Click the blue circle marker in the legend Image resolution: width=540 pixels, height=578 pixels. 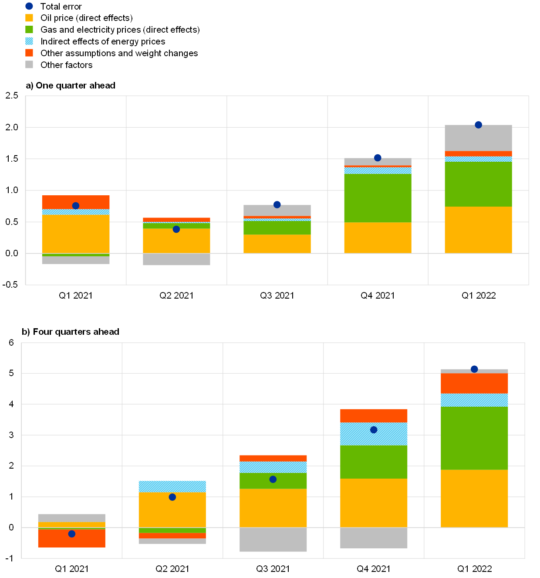[x=29, y=6]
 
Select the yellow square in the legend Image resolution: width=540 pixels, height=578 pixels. [x=29, y=18]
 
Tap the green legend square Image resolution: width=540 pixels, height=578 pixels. [x=29, y=30]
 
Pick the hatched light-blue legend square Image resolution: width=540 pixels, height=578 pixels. [x=29, y=41]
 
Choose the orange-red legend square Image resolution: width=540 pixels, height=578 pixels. [x=29, y=53]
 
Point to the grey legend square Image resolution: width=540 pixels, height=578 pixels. [x=29, y=65]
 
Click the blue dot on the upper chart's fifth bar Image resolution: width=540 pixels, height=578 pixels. [x=478, y=125]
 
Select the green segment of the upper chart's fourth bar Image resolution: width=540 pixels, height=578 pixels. [x=378, y=198]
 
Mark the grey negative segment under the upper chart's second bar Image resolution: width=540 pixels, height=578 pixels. [x=176, y=259]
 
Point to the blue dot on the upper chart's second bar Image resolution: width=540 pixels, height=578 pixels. [x=176, y=229]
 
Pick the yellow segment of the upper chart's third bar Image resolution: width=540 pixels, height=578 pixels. [x=277, y=244]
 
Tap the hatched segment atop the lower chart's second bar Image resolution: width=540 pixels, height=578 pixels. [x=172, y=486]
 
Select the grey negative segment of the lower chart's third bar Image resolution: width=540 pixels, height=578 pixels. [x=273, y=540]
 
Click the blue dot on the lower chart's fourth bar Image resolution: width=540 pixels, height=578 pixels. [x=374, y=430]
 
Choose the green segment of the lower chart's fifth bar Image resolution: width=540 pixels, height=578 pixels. [x=474, y=438]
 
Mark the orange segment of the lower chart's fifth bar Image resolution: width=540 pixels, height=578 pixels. [x=474, y=384]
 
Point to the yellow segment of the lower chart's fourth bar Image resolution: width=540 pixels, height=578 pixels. [x=374, y=503]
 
